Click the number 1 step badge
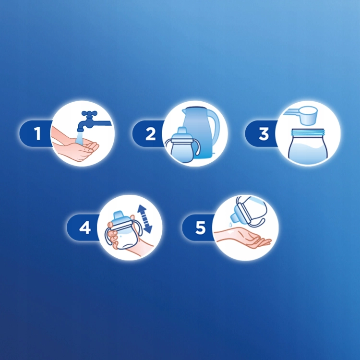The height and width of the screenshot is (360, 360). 36,133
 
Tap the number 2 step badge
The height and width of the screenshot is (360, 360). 149,133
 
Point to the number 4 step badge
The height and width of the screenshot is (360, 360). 84,228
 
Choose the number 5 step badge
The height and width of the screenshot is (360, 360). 199,228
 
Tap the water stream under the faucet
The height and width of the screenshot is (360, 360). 79,138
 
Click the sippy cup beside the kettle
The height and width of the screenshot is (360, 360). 182,145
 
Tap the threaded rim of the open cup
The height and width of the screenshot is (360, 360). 308,132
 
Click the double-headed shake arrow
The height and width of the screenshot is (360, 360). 144,219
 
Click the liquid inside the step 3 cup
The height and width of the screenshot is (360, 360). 308,152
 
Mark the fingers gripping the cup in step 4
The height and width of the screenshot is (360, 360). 113,237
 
